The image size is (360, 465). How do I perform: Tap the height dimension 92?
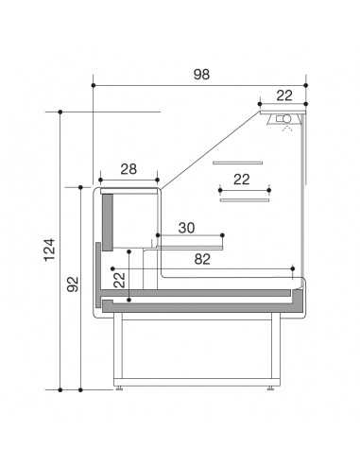72,287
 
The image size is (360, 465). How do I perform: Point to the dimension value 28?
129,169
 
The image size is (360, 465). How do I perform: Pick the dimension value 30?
186,227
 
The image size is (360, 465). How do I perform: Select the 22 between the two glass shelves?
241,179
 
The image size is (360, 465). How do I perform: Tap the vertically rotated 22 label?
119,279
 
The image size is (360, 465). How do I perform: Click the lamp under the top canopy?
283,117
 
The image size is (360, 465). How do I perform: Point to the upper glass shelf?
235,163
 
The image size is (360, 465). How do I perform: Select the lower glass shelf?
245,199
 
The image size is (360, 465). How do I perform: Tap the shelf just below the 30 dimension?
189,241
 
